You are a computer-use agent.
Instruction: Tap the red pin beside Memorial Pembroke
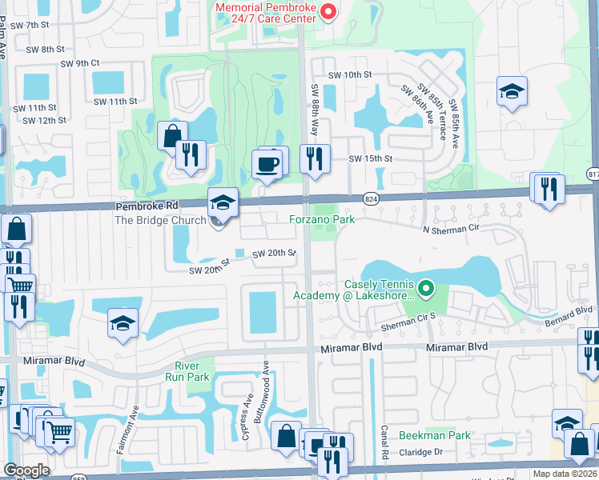pos(327,11)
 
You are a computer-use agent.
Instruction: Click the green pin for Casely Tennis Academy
pos(425,286)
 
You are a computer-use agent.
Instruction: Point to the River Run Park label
pos(187,372)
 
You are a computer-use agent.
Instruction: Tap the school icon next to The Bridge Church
pos(223,203)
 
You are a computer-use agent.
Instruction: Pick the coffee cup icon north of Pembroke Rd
pos(267,165)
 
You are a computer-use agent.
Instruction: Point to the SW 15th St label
pos(370,159)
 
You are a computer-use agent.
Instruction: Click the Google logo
pos(26,470)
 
